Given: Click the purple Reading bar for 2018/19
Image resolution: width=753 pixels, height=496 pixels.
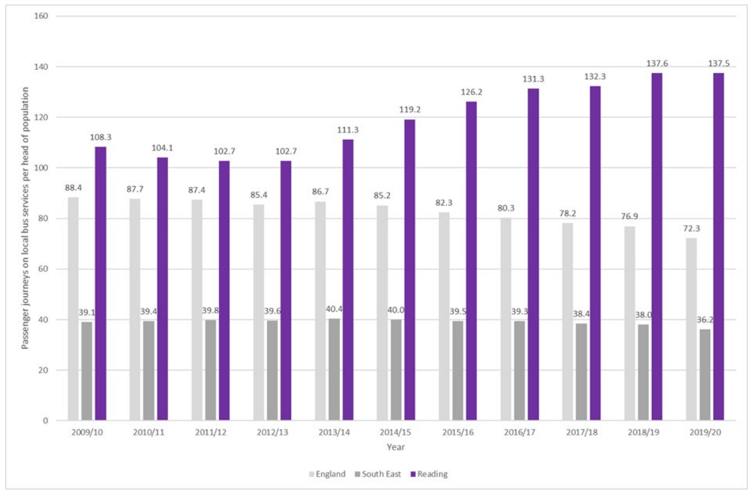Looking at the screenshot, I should tap(657, 247).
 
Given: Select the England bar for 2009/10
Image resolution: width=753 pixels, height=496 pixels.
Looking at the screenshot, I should tap(73, 309).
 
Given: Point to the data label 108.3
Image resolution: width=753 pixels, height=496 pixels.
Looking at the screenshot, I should tap(100, 137).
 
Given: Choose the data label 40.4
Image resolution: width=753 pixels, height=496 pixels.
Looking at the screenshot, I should tap(334, 309).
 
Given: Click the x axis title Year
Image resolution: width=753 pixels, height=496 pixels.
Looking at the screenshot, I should tap(395, 447).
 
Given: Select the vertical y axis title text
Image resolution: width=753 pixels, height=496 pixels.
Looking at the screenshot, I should tap(25, 218).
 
